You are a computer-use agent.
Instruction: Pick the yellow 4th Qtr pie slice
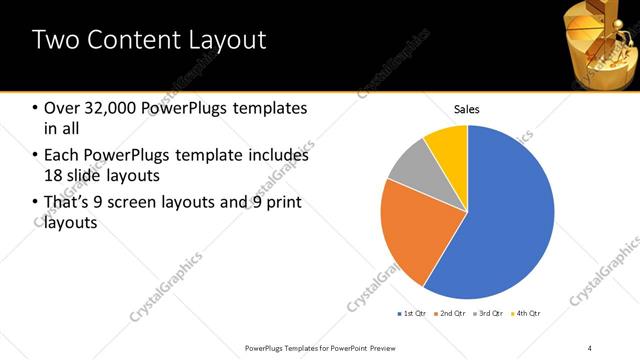[448, 144]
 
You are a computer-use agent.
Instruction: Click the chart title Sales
[467, 109]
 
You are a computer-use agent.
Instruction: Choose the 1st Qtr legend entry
[413, 314]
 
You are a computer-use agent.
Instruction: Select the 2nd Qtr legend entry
[451, 314]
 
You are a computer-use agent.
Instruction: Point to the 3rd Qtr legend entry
[490, 314]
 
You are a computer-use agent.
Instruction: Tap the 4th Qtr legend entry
[527, 314]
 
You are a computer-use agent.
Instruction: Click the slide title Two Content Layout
[149, 41]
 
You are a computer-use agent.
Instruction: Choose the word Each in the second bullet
[61, 156]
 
